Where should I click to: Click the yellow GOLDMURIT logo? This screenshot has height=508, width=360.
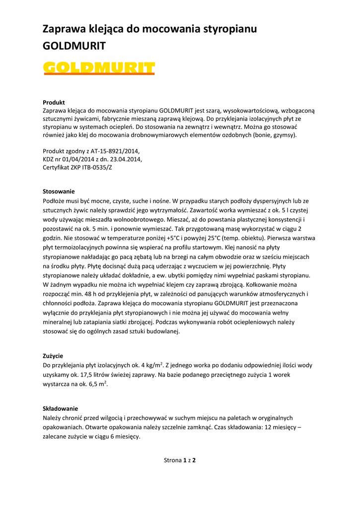99,67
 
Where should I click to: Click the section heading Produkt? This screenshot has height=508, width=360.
54,102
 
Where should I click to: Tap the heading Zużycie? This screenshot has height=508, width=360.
53,356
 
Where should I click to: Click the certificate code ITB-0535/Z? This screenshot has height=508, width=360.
97,168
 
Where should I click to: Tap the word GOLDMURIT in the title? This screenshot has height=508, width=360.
74,46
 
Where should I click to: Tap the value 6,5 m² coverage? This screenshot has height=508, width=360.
99,384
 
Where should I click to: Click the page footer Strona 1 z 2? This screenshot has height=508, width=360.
180,460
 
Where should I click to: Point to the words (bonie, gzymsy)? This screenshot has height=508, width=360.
274,134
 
